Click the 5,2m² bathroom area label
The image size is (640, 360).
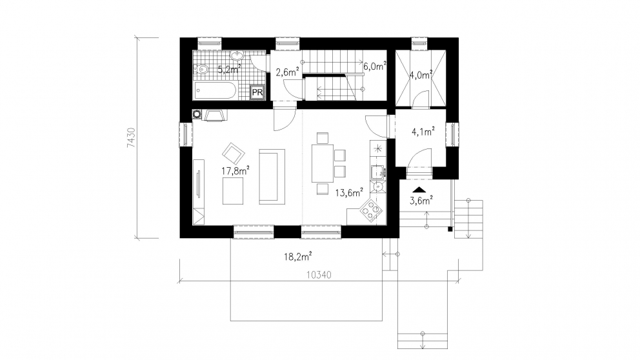(229, 69)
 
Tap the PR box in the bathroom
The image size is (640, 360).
(257, 92)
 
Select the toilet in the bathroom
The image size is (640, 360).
(201, 70)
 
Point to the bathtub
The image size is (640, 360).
(215, 90)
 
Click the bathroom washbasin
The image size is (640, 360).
(237, 56)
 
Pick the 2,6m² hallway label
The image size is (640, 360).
(288, 72)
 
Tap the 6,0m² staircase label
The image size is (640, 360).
(375, 66)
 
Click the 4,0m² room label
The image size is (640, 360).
(421, 75)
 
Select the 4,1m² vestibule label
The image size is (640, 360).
(423, 132)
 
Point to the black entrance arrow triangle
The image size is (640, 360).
(419, 190)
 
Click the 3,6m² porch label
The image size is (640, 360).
(421, 201)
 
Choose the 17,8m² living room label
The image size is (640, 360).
(235, 170)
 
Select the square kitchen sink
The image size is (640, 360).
(377, 172)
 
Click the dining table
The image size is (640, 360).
(323, 163)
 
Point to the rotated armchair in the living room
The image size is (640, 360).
(234, 153)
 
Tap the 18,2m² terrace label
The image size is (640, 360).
(298, 257)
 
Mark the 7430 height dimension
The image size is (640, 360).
(131, 137)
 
